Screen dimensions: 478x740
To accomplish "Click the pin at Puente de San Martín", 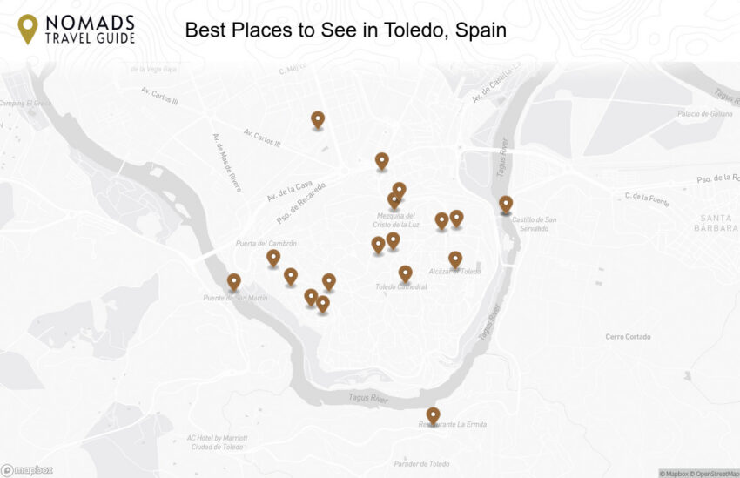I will tap(233, 282).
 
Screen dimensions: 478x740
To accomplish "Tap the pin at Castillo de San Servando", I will tap(506, 205).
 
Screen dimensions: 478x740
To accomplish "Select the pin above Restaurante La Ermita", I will tap(433, 415).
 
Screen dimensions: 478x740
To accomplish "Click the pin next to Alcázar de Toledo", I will tap(455, 259).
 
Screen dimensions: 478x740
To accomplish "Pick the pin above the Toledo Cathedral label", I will tap(405, 273).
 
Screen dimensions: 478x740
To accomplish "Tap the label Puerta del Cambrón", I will tap(266, 243).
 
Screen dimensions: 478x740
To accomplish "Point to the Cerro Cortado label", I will tap(628, 336).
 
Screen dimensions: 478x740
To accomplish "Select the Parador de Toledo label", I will tap(421, 464).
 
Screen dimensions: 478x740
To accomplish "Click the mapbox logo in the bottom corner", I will tap(27, 470).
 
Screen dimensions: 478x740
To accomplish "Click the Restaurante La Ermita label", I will tap(452, 425).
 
